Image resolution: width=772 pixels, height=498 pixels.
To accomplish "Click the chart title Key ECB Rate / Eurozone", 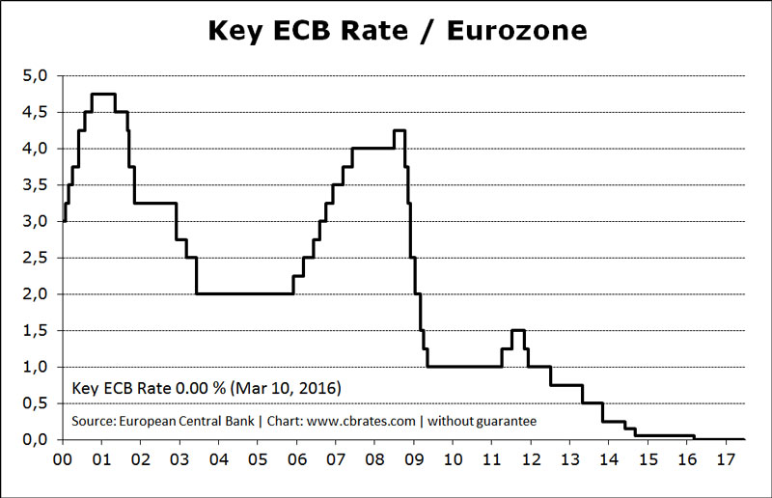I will point(398,31).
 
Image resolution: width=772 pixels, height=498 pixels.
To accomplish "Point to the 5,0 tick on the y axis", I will point(36,76).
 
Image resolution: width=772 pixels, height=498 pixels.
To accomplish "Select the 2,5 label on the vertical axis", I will point(36,258).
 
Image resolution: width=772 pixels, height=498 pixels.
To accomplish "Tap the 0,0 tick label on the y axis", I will point(36,439).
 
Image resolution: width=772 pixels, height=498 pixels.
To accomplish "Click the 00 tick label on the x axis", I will point(63,459).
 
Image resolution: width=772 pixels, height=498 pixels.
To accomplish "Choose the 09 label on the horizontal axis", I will point(414,459).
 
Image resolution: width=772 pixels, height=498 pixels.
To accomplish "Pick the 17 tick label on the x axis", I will point(726,459).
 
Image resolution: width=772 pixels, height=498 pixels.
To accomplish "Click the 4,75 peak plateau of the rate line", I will point(103,94).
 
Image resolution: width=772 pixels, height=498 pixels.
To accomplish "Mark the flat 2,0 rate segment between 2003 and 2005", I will point(244,293).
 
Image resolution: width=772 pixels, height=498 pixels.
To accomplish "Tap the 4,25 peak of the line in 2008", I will point(399,130).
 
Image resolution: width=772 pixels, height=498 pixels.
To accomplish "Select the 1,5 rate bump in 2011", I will point(517,330).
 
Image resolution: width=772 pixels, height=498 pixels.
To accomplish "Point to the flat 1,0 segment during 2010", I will point(463,366).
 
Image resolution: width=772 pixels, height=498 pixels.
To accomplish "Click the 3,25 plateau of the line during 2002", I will point(154,203).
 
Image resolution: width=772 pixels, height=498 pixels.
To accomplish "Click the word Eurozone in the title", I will point(510,31).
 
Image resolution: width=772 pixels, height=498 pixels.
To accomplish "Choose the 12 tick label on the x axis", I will point(531,459).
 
